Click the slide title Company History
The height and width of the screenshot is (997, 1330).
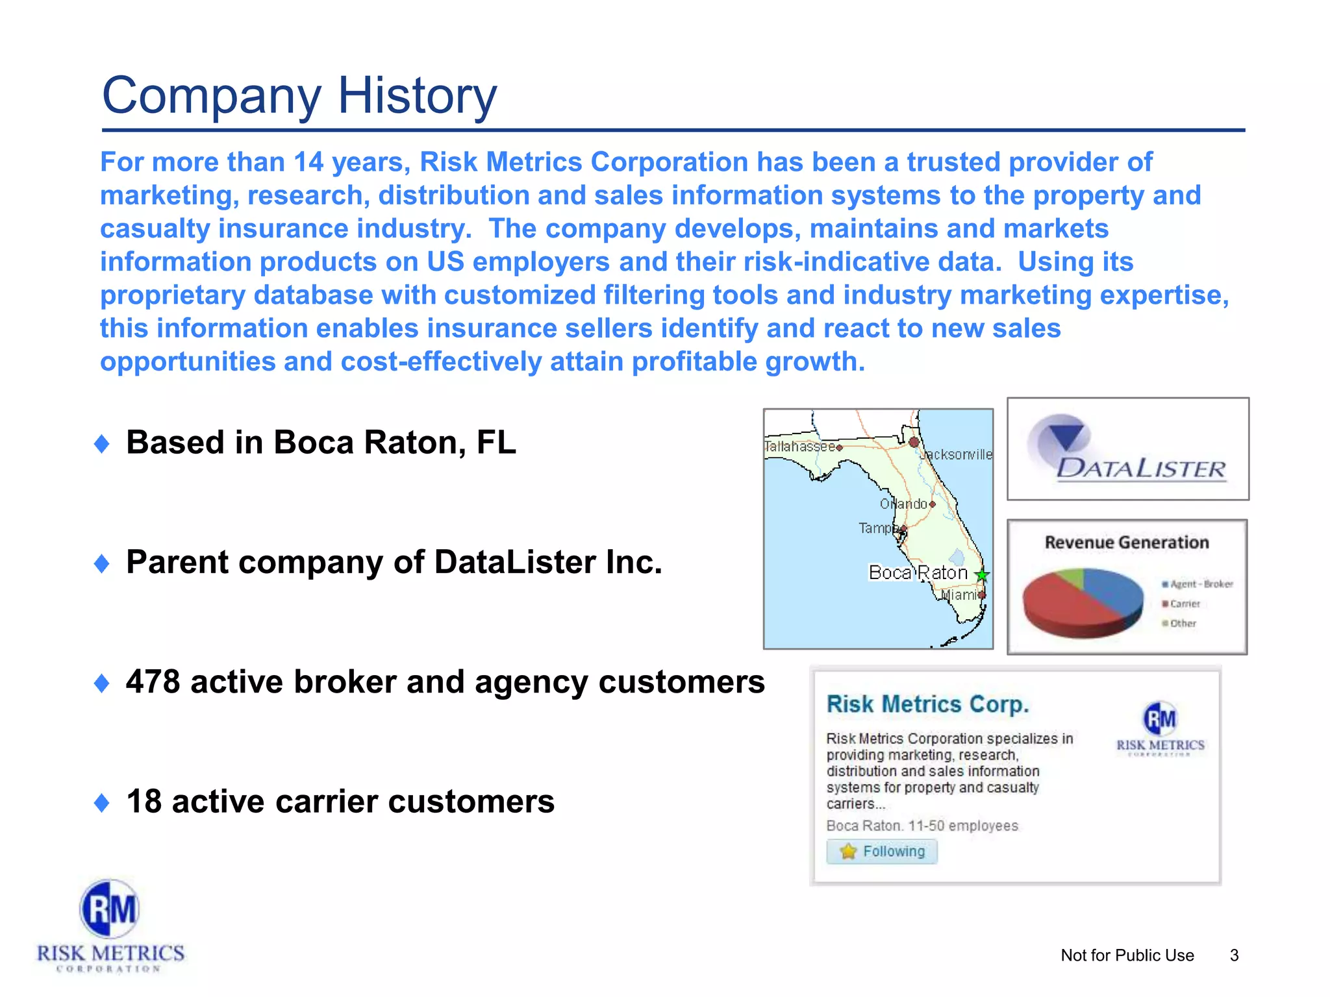[x=299, y=95]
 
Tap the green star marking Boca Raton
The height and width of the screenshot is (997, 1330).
[x=982, y=574]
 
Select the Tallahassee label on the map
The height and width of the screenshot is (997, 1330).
[x=799, y=447]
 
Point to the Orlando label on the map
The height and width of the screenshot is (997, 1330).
[x=903, y=504]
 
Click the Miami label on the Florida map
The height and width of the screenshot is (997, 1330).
[x=959, y=595]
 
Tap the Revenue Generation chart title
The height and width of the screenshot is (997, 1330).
[x=1127, y=543]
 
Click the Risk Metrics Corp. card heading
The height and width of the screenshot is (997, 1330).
[x=928, y=704]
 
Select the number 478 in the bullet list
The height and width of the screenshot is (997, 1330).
[x=153, y=682]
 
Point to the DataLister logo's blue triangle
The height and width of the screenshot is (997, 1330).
[x=1065, y=436]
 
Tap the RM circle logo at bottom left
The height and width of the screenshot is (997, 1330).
[x=110, y=909]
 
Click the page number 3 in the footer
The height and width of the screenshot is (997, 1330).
[x=1234, y=955]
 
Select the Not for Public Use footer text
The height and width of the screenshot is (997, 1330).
[x=1127, y=955]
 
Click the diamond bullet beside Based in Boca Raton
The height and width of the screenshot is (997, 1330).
[x=102, y=444]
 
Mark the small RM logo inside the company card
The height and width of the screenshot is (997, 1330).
[x=1160, y=719]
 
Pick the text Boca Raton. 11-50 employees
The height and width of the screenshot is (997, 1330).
[x=922, y=826]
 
